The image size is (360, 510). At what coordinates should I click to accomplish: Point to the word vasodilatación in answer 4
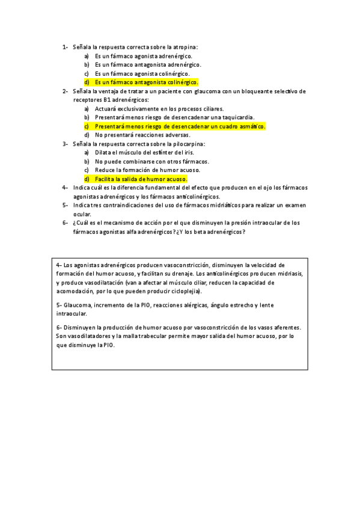99,282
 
